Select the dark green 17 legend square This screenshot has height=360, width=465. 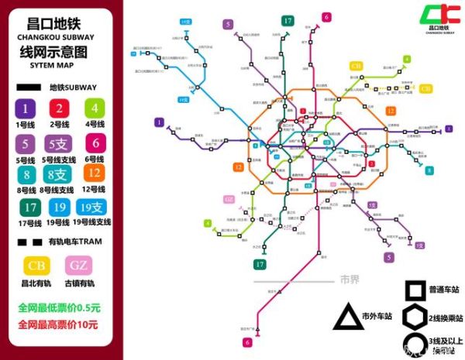click(x=29, y=208)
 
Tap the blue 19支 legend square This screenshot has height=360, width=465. click(x=93, y=208)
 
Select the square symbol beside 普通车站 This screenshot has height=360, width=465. click(x=414, y=290)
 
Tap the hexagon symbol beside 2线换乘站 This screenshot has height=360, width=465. click(x=414, y=317)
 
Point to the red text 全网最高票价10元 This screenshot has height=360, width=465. click(x=59, y=324)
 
